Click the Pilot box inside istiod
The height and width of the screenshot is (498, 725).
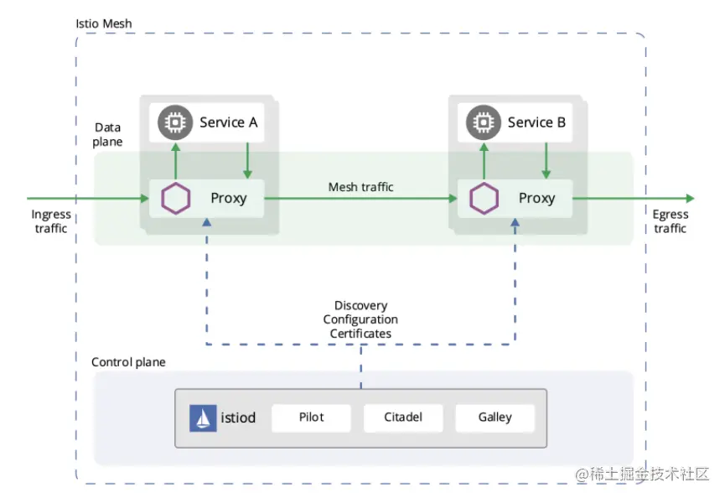[311, 418]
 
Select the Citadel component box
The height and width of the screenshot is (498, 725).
[403, 418]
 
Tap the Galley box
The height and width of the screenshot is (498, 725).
[495, 418]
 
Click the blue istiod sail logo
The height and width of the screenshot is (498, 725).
[203, 418]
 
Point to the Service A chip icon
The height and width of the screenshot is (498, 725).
[175, 122]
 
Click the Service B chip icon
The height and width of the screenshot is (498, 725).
[484, 122]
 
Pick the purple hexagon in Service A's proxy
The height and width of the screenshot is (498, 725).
[176, 199]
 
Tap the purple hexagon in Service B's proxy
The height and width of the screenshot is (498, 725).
[484, 199]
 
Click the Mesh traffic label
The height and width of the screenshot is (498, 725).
[360, 187]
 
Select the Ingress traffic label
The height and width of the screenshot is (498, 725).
[51, 221]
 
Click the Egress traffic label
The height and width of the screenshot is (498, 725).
[671, 221]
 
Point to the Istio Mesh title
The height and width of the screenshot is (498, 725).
[104, 23]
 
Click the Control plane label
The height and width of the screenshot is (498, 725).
[128, 362]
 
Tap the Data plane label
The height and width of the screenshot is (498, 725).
[108, 134]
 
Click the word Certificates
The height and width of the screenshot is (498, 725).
[360, 334]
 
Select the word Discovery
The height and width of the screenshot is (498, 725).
[360, 306]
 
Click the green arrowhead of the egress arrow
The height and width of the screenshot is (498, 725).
[691, 199]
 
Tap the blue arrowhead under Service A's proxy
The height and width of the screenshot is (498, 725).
[207, 222]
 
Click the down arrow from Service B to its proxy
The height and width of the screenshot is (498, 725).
[546, 160]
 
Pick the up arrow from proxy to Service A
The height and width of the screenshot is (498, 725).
[175, 161]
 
